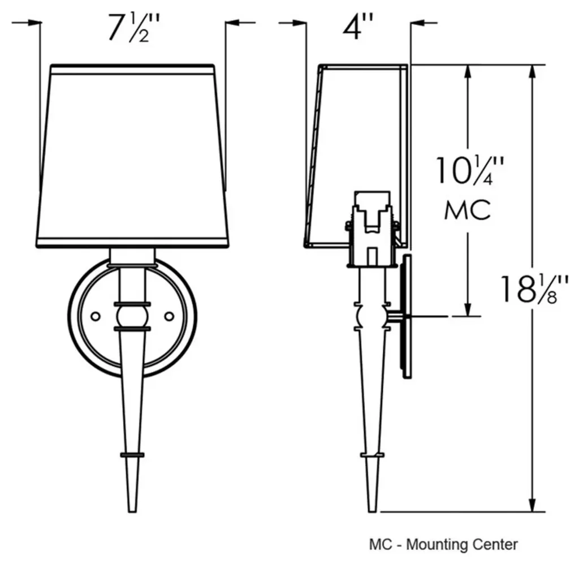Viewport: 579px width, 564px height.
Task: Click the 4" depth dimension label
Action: (x=357, y=27)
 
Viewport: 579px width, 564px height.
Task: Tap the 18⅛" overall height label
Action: (x=534, y=289)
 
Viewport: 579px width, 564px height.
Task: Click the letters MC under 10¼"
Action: (x=468, y=210)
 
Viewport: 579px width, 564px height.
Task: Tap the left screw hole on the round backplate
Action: (x=95, y=317)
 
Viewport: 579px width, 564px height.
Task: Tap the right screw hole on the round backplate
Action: (x=169, y=317)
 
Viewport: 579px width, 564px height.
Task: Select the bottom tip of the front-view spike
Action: (x=132, y=511)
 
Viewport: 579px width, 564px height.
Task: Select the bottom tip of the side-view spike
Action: (x=372, y=511)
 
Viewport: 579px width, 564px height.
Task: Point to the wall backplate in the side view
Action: (x=407, y=317)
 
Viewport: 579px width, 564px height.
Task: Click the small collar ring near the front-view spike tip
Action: (x=132, y=455)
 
